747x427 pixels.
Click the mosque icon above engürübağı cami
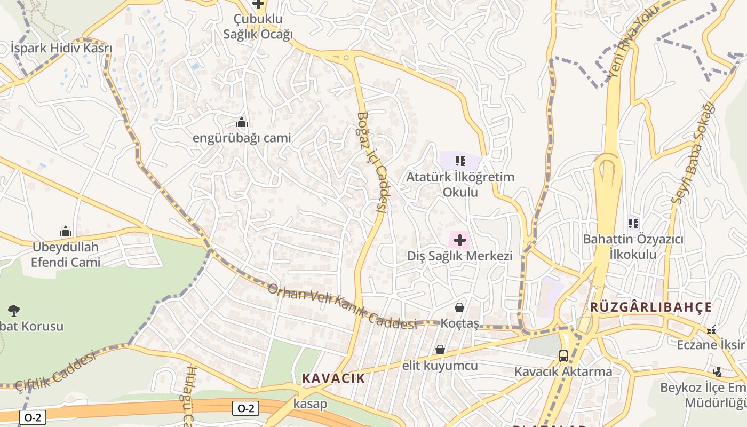(242, 123)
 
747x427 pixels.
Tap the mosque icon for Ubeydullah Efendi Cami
(66, 232)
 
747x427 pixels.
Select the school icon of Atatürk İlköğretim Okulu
(460, 161)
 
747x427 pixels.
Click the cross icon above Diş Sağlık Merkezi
(459, 240)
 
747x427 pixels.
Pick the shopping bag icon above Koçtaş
(459, 307)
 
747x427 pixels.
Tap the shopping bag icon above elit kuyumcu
(440, 350)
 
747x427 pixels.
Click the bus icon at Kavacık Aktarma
(563, 355)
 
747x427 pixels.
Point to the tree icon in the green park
(14, 310)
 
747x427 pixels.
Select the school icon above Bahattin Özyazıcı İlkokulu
(633, 223)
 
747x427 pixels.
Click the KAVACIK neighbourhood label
(333, 378)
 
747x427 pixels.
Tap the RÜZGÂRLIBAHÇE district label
(650, 307)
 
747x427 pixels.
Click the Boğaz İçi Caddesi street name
(372, 162)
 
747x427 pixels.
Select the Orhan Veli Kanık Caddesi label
(341, 307)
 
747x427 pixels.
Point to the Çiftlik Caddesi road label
(55, 370)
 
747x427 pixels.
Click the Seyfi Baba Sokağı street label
(693, 153)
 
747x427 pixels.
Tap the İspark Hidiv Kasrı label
(61, 49)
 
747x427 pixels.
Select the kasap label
(310, 404)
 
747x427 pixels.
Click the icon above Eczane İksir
(711, 330)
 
